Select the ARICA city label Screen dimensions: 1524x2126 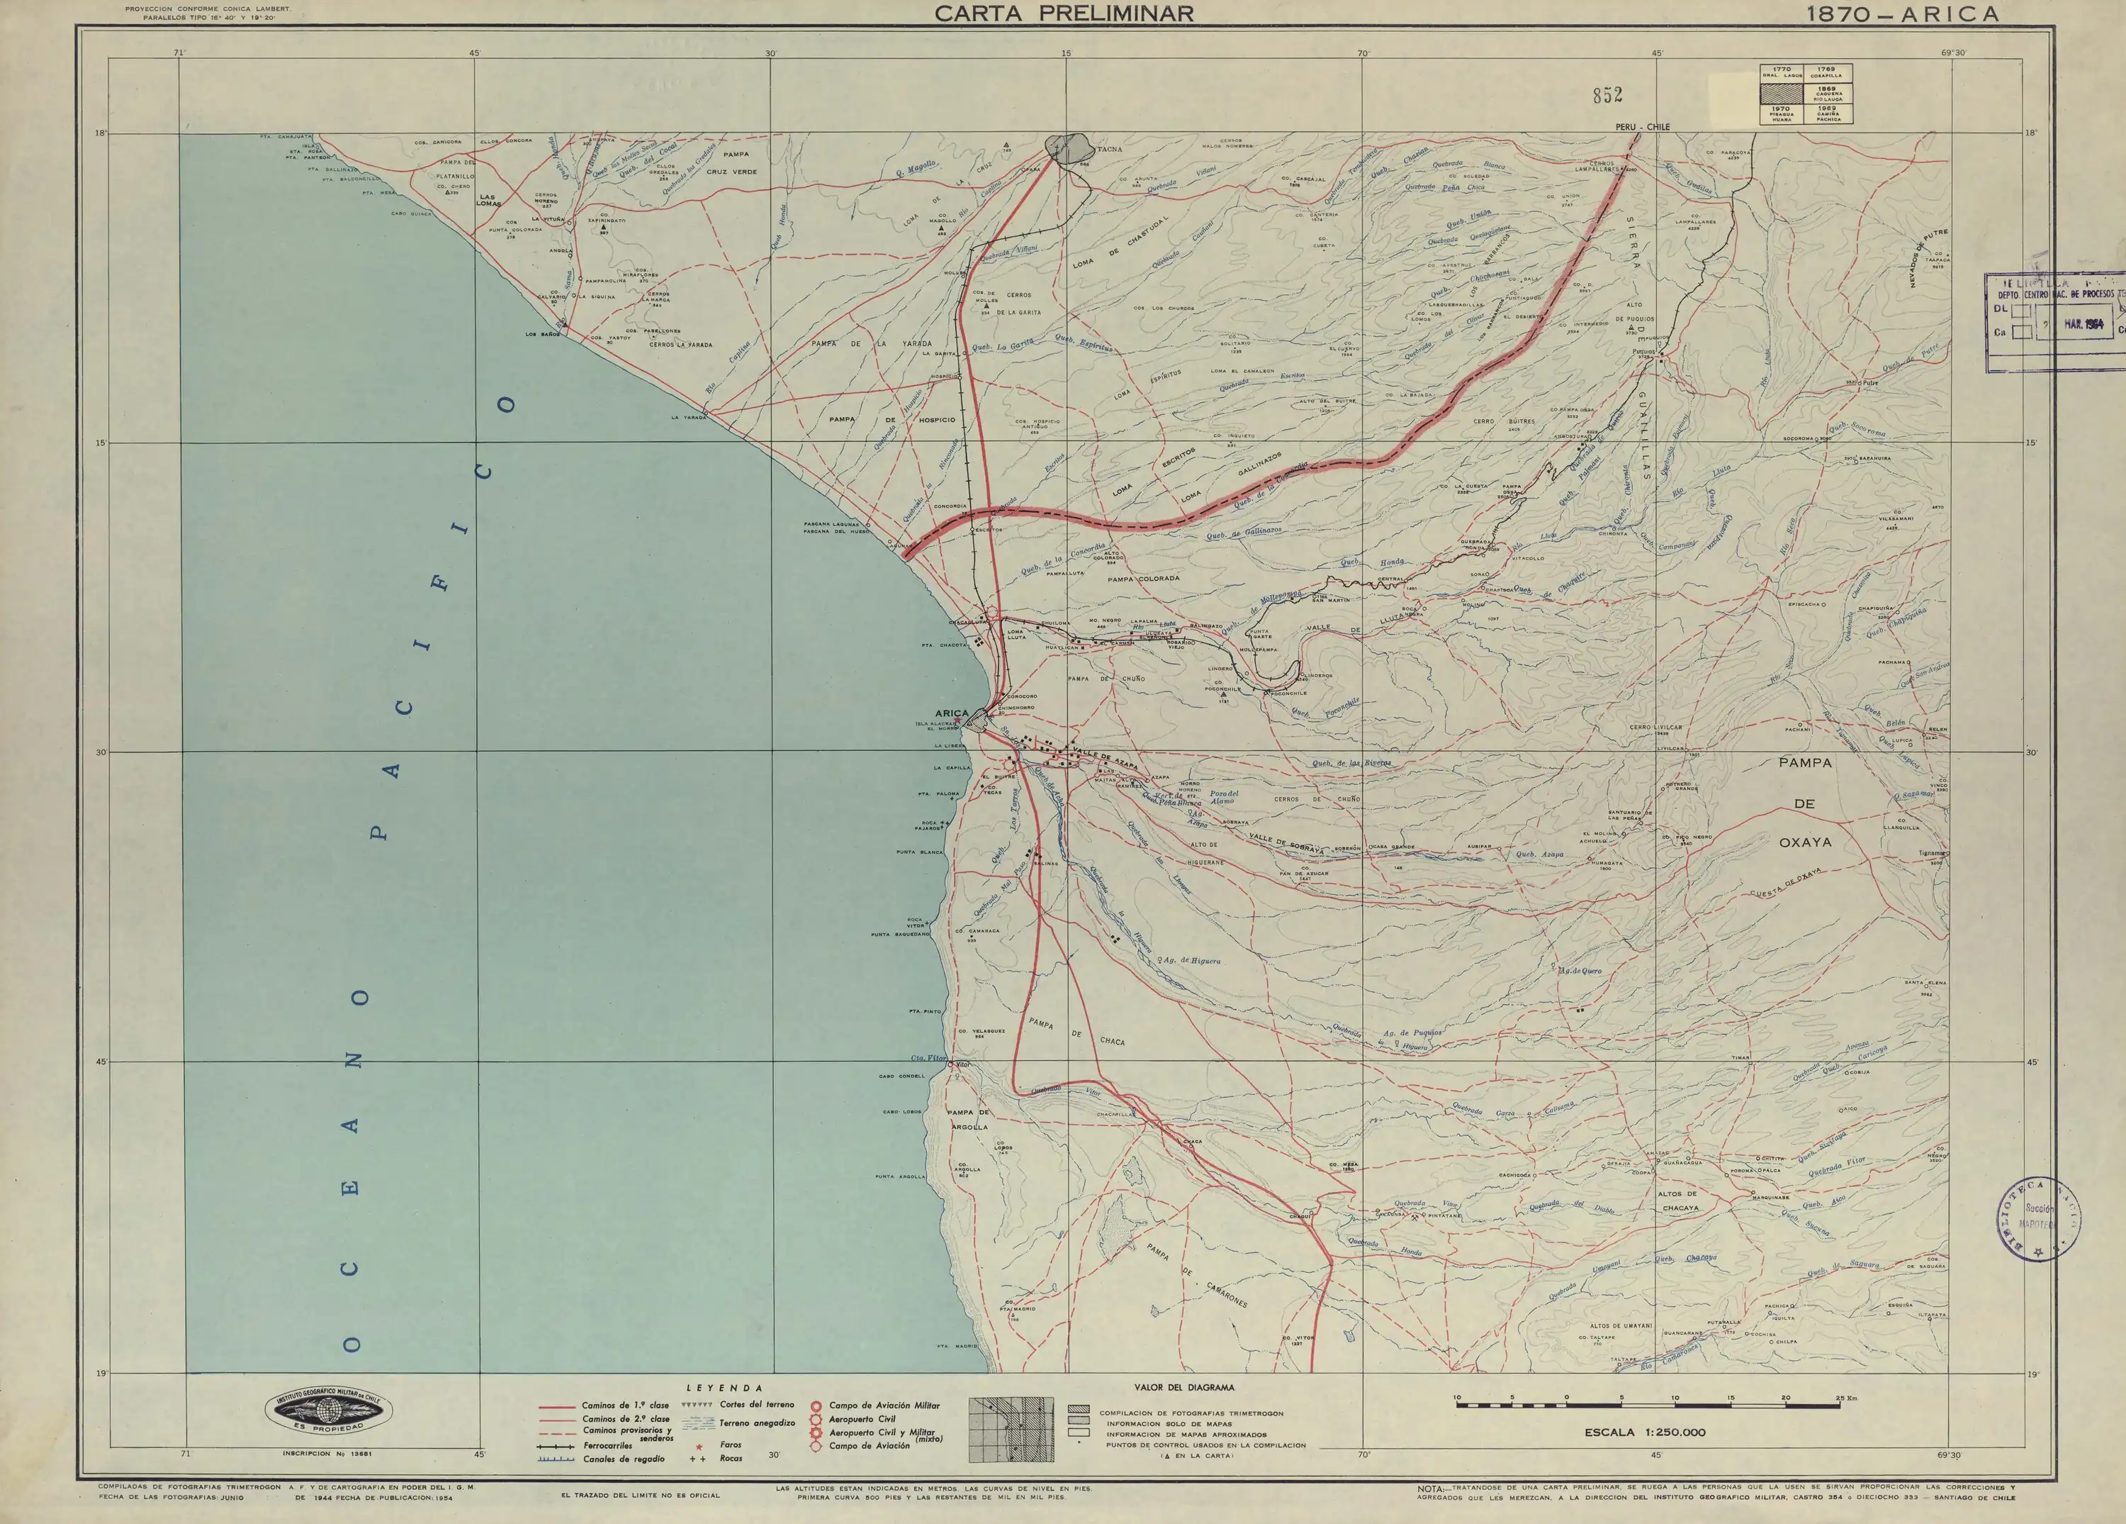tap(952, 713)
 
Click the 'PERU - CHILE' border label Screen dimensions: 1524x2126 tap(1641, 127)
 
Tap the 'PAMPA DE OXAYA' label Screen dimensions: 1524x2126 tap(1804, 803)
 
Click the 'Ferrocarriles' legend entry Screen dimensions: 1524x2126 tap(605, 1445)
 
